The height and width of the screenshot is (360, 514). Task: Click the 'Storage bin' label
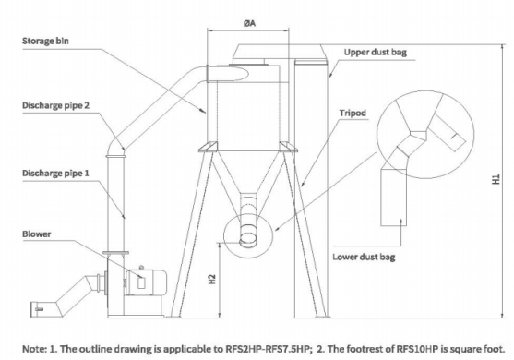click(x=45, y=41)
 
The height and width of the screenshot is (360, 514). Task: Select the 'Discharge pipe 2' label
click(x=55, y=105)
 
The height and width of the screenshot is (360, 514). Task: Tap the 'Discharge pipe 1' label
click(x=55, y=174)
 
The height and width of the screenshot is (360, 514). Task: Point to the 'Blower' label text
click(x=37, y=234)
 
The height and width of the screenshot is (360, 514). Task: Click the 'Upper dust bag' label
click(x=376, y=52)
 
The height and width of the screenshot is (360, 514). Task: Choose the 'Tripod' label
click(x=353, y=114)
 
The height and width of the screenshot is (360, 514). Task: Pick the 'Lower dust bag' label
click(x=364, y=257)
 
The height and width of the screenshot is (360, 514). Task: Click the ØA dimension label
click(x=249, y=23)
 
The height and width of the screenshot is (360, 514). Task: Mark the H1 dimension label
click(x=496, y=179)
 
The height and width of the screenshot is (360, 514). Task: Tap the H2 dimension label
click(x=212, y=280)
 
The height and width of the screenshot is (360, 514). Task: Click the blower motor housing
click(x=146, y=282)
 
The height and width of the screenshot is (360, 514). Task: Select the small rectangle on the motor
click(x=141, y=283)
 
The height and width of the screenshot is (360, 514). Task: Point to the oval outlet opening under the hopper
click(x=248, y=242)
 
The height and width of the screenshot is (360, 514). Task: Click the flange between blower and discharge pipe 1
click(x=115, y=253)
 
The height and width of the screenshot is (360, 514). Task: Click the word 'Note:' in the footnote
click(x=34, y=349)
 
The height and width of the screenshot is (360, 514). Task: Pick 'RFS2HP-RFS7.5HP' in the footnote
click(x=267, y=349)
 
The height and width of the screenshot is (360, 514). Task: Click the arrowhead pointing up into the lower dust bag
click(x=401, y=222)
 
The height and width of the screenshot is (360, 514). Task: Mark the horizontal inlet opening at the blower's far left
click(x=35, y=309)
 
